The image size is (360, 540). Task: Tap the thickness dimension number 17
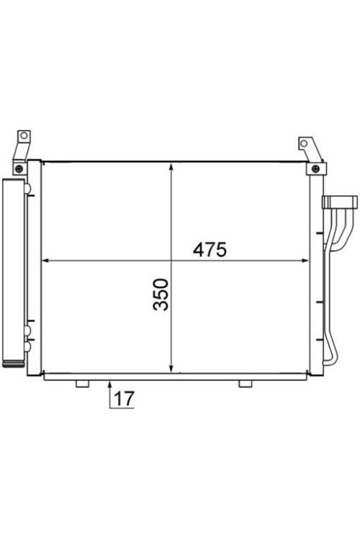(x=124, y=398)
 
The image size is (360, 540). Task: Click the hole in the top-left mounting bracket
(x=23, y=135)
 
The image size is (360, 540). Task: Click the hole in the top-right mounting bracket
(x=305, y=144)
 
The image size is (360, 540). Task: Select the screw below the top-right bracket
(x=315, y=168)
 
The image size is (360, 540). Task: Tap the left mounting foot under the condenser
(x=81, y=382)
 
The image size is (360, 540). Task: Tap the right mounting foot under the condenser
(x=246, y=382)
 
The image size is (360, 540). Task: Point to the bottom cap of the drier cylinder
(x=13, y=364)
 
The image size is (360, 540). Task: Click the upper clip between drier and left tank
(x=28, y=189)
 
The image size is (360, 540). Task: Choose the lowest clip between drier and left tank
(x=27, y=346)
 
